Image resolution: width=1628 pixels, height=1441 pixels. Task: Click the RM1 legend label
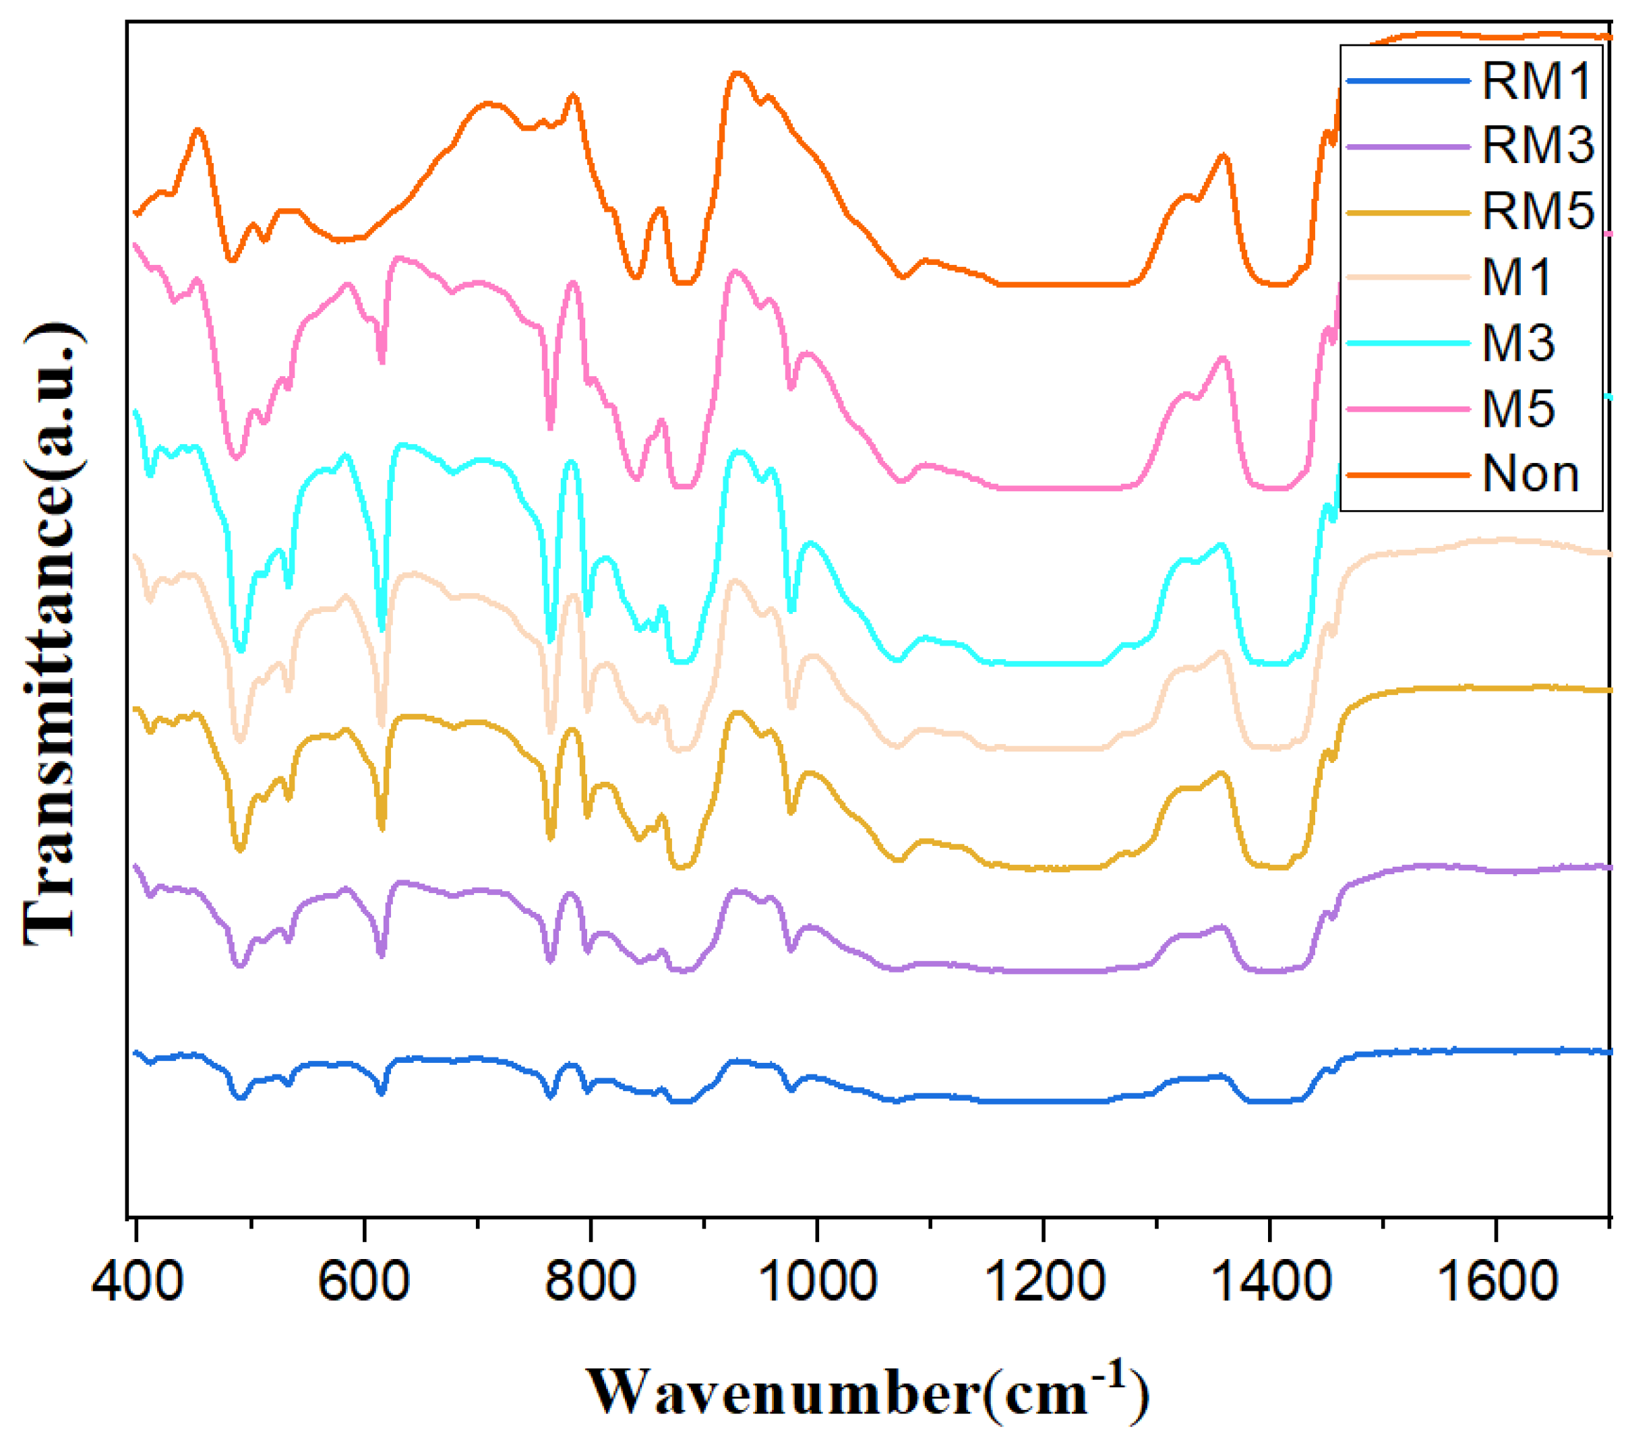(1536, 80)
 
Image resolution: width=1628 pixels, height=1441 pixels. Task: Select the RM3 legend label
(1538, 146)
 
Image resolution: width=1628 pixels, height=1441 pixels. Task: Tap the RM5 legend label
(1538, 212)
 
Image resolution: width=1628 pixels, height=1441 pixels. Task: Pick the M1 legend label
(1517, 278)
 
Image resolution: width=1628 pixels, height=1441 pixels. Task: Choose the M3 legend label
(1518, 343)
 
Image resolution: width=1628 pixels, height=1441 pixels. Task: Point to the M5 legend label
(1518, 409)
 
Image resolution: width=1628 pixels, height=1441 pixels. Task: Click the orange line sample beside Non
(1408, 475)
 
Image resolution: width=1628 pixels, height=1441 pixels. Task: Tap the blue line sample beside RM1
(1408, 80)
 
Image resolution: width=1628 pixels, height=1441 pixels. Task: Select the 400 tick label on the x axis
(137, 1282)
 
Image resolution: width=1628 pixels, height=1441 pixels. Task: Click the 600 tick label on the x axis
(363, 1282)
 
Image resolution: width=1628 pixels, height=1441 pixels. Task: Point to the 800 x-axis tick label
(589, 1282)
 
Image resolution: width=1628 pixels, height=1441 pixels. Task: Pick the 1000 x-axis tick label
(816, 1282)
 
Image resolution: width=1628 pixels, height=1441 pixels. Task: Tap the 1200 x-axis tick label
(1044, 1282)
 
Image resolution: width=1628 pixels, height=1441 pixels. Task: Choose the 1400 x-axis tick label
(1269, 1282)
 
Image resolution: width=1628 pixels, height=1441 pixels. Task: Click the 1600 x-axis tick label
(1496, 1282)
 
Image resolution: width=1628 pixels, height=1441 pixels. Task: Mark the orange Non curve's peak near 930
(737, 73)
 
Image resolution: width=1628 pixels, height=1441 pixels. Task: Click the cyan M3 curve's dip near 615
(382, 629)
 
